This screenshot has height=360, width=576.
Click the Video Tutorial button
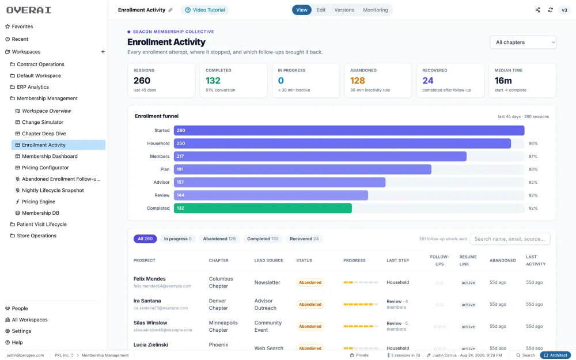[x=204, y=10]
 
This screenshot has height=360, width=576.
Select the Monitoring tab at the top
[x=375, y=10]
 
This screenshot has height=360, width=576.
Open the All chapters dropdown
[x=523, y=42]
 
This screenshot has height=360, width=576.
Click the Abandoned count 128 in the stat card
[x=358, y=81]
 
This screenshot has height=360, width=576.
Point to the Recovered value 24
[x=428, y=81]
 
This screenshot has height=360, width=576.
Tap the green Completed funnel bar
[x=263, y=209]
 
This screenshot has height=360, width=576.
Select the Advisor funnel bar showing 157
[x=279, y=182]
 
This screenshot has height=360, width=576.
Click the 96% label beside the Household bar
[x=533, y=143]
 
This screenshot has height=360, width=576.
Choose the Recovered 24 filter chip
[x=304, y=239]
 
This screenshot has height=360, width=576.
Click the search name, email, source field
[x=510, y=239]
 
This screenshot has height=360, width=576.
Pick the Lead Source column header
[x=268, y=260]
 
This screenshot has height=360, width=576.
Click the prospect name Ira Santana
[x=147, y=301]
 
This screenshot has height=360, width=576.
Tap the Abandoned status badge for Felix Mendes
[x=310, y=282]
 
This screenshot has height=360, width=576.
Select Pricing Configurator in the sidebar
[x=45, y=168]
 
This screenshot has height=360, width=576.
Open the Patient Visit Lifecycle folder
[x=41, y=225]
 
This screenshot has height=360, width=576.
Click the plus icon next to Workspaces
[x=103, y=52]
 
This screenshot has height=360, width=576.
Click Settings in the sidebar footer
[x=21, y=331]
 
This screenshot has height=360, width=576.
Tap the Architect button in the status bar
[x=555, y=355]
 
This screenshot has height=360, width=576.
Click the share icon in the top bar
[x=538, y=10]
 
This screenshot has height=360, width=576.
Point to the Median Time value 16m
[x=503, y=81]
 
